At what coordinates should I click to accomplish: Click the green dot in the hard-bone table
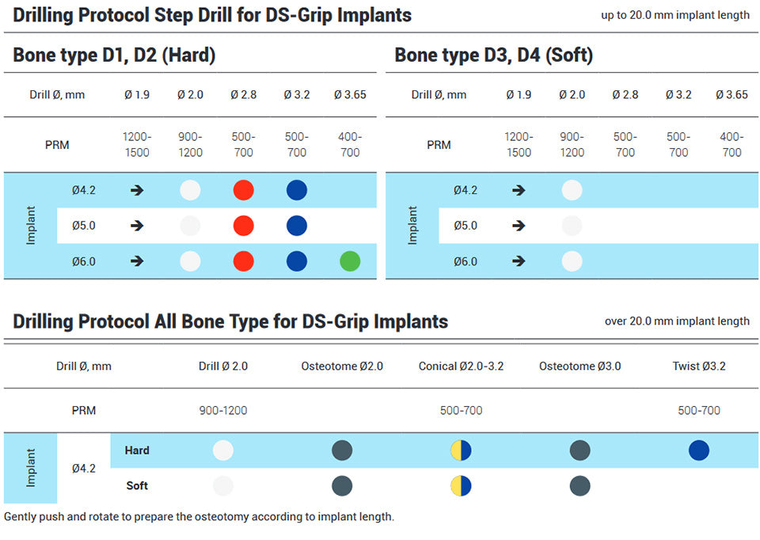(x=349, y=261)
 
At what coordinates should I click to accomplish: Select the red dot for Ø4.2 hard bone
(x=243, y=190)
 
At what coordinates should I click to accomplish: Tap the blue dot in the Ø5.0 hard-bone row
(x=296, y=226)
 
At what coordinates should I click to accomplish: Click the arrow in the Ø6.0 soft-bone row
(x=519, y=261)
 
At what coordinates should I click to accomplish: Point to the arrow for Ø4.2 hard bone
(x=137, y=190)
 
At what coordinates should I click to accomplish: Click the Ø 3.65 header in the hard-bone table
(x=349, y=95)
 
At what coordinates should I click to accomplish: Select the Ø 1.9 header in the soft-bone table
(x=519, y=95)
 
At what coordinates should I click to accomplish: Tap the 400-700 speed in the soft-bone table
(x=731, y=145)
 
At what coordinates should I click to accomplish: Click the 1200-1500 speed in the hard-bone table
(x=137, y=145)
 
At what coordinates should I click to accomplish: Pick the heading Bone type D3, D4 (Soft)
(x=493, y=55)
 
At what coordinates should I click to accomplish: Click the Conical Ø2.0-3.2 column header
(x=461, y=366)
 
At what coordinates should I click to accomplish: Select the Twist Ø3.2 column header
(x=699, y=366)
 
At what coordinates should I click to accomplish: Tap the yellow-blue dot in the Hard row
(x=461, y=451)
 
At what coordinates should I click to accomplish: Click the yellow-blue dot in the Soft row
(x=461, y=485)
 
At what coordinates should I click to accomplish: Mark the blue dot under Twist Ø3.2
(x=699, y=451)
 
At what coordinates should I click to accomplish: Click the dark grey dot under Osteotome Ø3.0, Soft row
(x=579, y=485)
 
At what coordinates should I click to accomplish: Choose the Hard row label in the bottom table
(x=137, y=451)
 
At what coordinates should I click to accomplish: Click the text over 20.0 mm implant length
(x=677, y=321)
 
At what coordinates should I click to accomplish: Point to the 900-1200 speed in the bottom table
(x=223, y=411)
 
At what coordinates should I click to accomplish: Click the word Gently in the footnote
(x=21, y=517)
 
